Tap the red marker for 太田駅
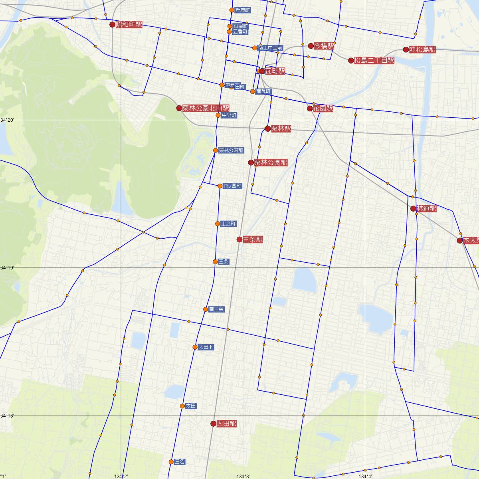point(214,424)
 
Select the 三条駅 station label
point(252,239)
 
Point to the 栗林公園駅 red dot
point(251,162)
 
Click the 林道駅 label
point(426,208)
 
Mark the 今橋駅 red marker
point(311,46)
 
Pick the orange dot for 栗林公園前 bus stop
point(216,150)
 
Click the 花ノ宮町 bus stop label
point(232,186)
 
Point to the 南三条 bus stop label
point(216,309)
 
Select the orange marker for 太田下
point(195,347)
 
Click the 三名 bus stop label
point(180,462)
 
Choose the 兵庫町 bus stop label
point(242,10)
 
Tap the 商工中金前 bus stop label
point(270,48)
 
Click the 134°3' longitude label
point(243,476)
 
